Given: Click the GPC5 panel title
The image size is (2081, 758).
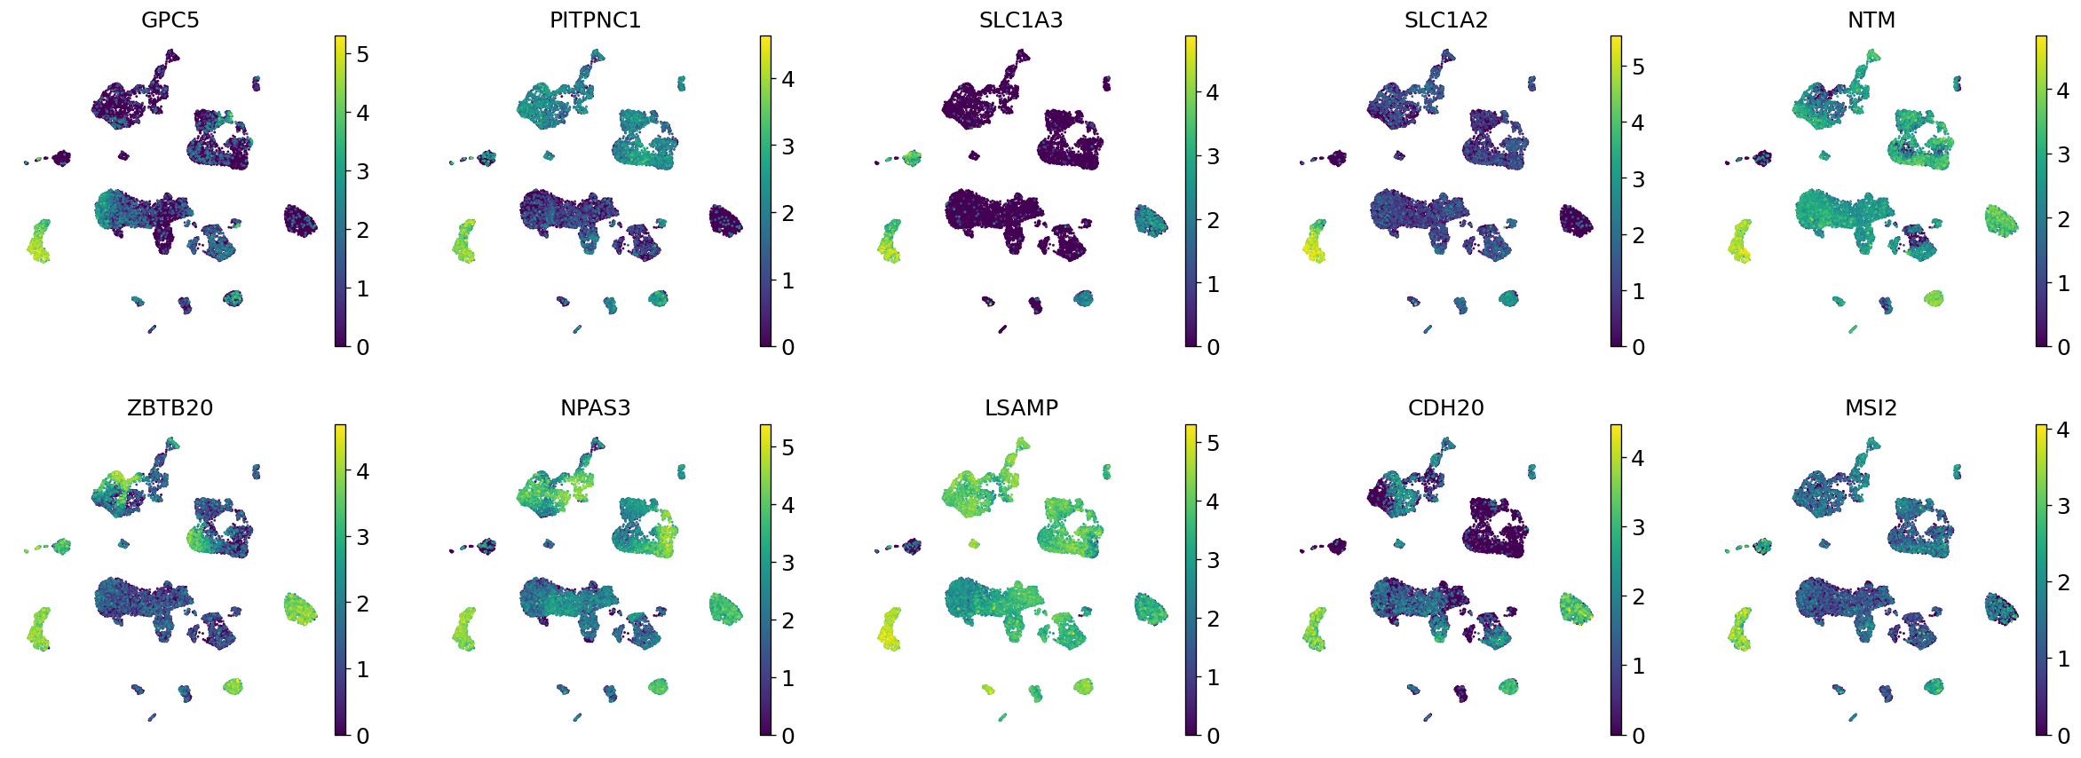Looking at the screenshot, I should click(170, 20).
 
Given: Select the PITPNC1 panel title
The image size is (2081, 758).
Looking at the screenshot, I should click(595, 20).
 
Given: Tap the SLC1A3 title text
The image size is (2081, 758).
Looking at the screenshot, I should click(1020, 20).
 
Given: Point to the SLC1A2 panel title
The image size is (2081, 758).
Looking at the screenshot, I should click(1445, 20).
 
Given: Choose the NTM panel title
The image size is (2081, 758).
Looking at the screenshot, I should click(1871, 20).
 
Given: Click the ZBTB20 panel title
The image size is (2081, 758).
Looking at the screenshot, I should click(170, 407).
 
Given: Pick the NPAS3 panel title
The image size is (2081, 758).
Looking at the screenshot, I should click(595, 407).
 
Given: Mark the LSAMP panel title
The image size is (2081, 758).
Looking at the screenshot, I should click(1020, 407).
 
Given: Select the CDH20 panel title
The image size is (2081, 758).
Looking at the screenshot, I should click(1445, 407).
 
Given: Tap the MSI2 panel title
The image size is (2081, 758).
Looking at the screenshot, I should click(1871, 407).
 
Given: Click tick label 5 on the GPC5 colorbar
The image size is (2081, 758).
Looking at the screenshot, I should click(362, 55).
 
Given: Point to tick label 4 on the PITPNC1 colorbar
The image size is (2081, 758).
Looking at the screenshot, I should click(787, 79).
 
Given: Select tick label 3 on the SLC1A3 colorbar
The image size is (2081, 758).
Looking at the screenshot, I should click(1213, 156).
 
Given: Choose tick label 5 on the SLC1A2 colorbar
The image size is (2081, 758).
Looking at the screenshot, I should click(1638, 67).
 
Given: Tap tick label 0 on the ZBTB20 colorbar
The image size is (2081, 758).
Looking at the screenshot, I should click(362, 736).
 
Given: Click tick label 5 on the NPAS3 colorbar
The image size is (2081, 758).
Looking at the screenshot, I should click(787, 447).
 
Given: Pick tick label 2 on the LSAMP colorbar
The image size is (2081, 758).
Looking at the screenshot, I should click(1213, 619).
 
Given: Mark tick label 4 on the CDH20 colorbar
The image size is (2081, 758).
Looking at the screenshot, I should click(1638, 458).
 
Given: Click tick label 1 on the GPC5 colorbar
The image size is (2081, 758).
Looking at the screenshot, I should click(362, 288).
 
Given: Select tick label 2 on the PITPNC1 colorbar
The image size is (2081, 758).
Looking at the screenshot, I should click(787, 213).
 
